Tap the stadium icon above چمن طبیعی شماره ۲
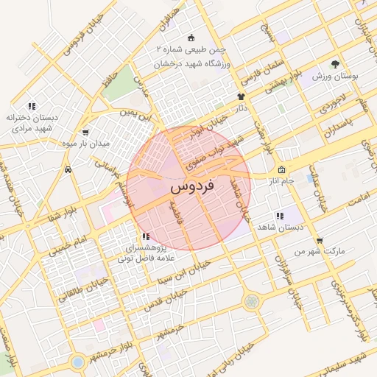[x=191, y=38]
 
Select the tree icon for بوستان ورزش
[x=336, y=65]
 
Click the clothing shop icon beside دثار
[x=240, y=96]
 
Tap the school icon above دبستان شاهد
[x=279, y=216]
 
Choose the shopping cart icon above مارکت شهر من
[x=318, y=240]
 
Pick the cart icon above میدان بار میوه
[x=86, y=133]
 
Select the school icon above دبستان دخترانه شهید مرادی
[x=31, y=105]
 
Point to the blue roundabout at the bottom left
[x=77, y=362]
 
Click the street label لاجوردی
[x=330, y=106]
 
